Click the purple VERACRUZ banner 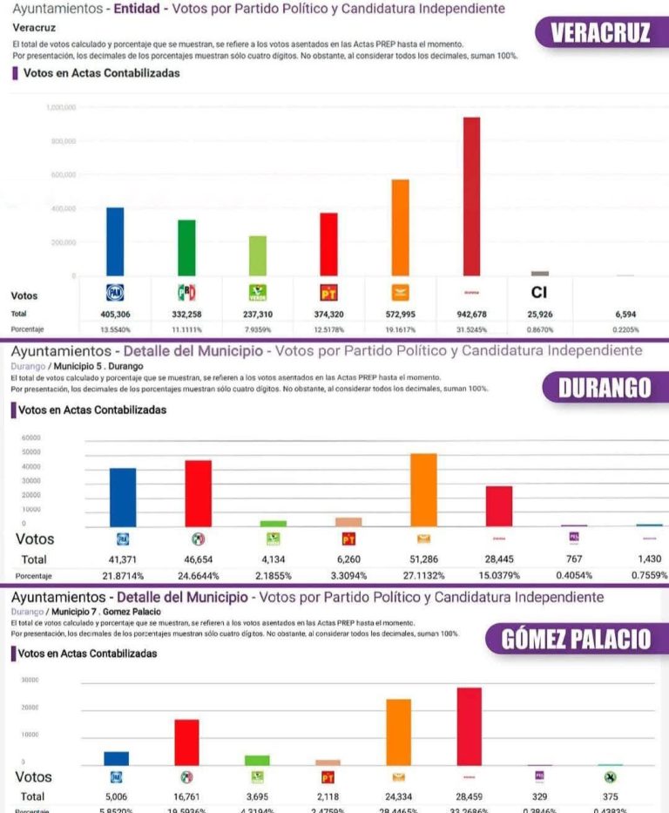(x=600, y=33)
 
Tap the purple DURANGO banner (x=605, y=388)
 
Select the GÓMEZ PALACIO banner (x=576, y=639)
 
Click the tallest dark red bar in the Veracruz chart (x=471, y=196)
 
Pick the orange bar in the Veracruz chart (x=400, y=227)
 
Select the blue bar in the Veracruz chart (x=115, y=241)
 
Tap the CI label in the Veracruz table (x=539, y=293)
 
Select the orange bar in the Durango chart (x=423, y=490)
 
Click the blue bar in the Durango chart (x=123, y=497)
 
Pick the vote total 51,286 (x=423, y=559)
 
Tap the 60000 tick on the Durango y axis (x=30, y=438)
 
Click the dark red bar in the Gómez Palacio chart (x=470, y=726)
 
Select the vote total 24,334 (x=398, y=796)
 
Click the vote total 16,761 (x=186, y=796)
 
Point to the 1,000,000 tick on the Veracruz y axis (x=60, y=107)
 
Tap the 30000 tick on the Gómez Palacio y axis (x=30, y=680)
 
